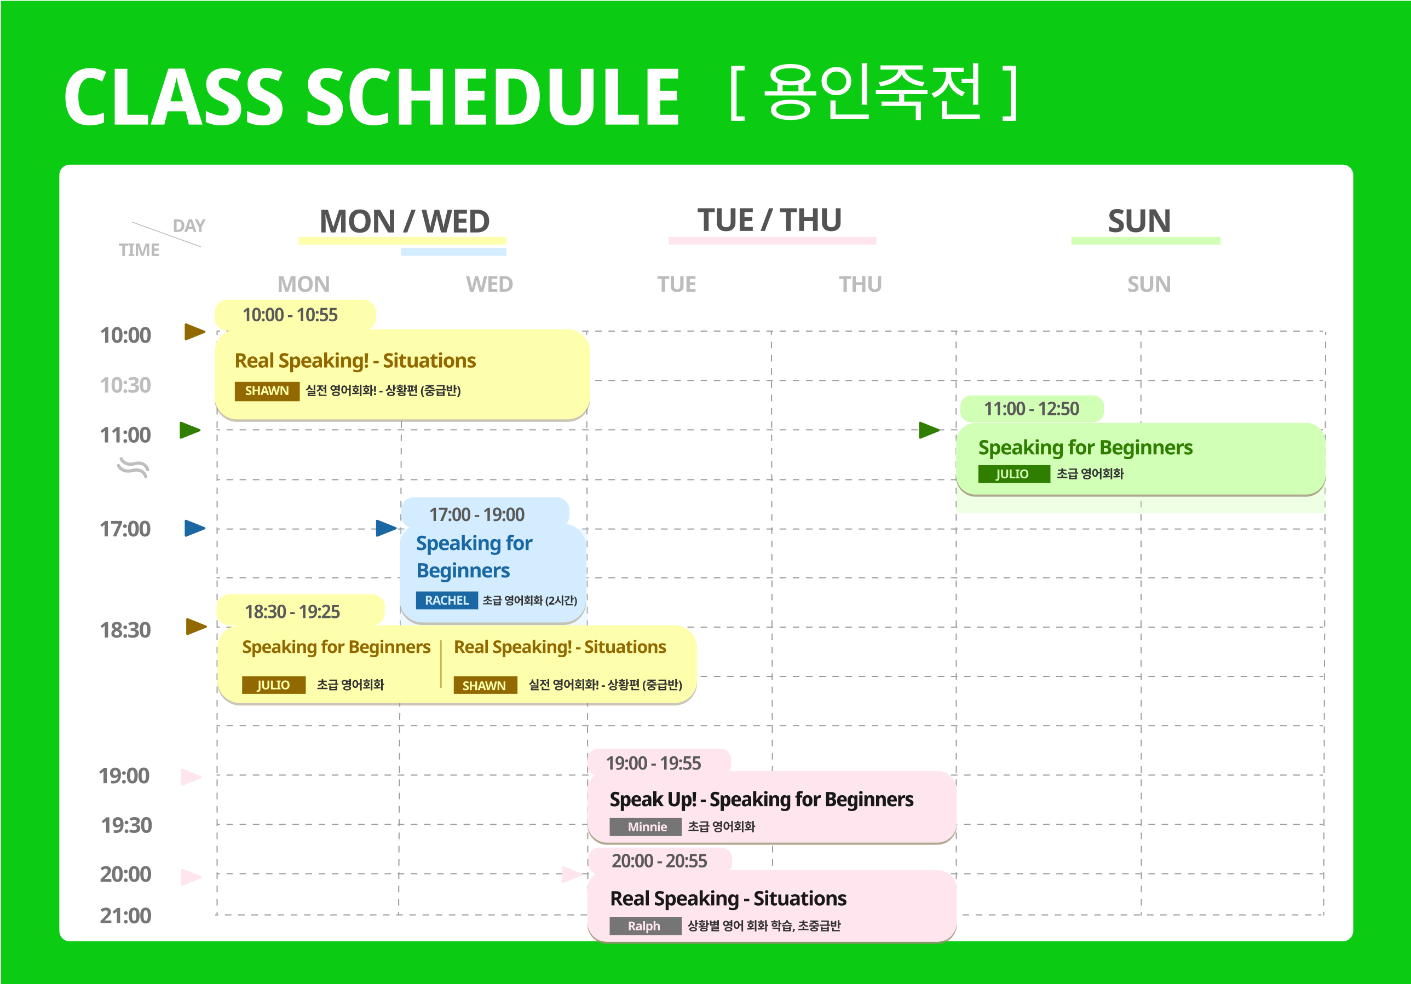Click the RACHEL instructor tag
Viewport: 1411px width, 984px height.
(447, 600)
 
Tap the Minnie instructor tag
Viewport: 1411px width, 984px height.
(646, 827)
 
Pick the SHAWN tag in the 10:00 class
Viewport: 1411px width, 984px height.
(267, 391)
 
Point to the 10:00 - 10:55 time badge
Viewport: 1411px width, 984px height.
(295, 315)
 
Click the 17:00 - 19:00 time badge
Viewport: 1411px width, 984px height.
(484, 513)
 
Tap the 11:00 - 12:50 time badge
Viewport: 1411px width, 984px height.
(1032, 408)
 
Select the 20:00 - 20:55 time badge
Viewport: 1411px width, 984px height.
(659, 860)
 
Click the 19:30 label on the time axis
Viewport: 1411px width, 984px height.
(126, 825)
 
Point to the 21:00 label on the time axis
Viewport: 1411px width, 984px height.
(125, 915)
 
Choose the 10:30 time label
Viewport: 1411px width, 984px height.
(125, 385)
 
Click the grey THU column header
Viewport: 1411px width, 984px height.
(860, 285)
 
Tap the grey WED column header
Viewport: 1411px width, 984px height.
(489, 285)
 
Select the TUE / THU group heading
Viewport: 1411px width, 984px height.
(769, 220)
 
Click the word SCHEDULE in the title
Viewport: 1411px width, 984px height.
(493, 96)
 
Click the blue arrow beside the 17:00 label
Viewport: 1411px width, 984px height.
(195, 528)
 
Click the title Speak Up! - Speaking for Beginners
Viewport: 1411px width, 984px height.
(762, 799)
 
